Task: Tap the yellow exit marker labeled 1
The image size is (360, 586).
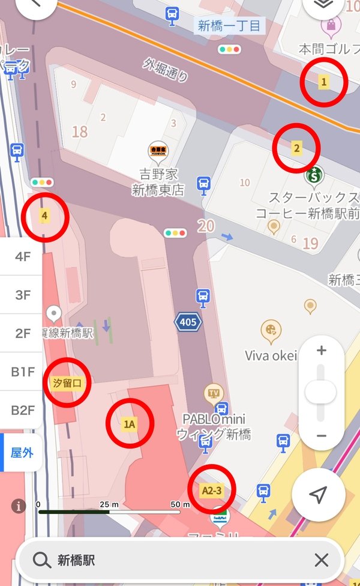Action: (x=324, y=82)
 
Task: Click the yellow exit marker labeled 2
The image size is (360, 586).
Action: (x=296, y=147)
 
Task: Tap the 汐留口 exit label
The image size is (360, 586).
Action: (x=67, y=382)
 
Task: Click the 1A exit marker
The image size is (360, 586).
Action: (x=130, y=424)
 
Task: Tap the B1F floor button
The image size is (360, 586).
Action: (x=22, y=372)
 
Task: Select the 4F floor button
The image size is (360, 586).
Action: (x=22, y=257)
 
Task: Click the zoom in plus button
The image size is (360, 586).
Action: (x=322, y=351)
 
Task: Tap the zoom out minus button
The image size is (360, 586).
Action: (x=322, y=436)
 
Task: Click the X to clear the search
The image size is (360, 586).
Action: (x=322, y=560)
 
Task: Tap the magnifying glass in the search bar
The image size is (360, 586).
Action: (x=41, y=560)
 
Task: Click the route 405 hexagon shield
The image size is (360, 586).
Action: (x=188, y=322)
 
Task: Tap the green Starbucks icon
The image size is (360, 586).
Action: (x=314, y=176)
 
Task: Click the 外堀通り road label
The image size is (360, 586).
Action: (x=166, y=69)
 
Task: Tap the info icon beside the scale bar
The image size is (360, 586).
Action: (x=19, y=506)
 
